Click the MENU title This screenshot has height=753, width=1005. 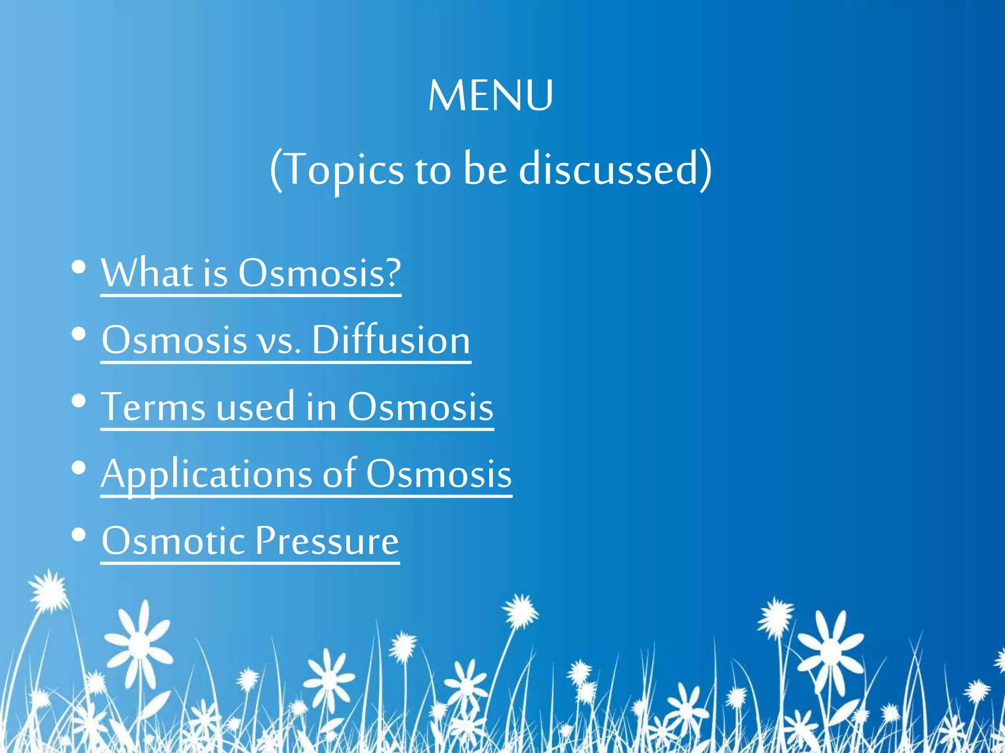click(491, 96)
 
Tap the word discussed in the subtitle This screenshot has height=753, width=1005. click(608, 169)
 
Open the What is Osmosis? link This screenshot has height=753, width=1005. click(251, 273)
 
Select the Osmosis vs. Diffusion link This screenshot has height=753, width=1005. click(286, 340)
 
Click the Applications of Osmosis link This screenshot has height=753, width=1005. click(306, 474)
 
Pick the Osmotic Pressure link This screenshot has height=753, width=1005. click(250, 541)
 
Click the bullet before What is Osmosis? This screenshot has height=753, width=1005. click(79, 268)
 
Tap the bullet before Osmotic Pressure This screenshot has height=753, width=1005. click(79, 535)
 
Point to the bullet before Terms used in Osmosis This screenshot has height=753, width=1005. click(79, 402)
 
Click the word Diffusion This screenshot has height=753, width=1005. click(391, 340)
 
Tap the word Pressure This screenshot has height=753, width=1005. click(327, 541)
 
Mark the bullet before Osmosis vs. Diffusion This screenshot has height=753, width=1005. click(79, 335)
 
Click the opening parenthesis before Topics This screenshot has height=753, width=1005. click(276, 170)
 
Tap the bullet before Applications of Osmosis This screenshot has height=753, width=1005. click(79, 469)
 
